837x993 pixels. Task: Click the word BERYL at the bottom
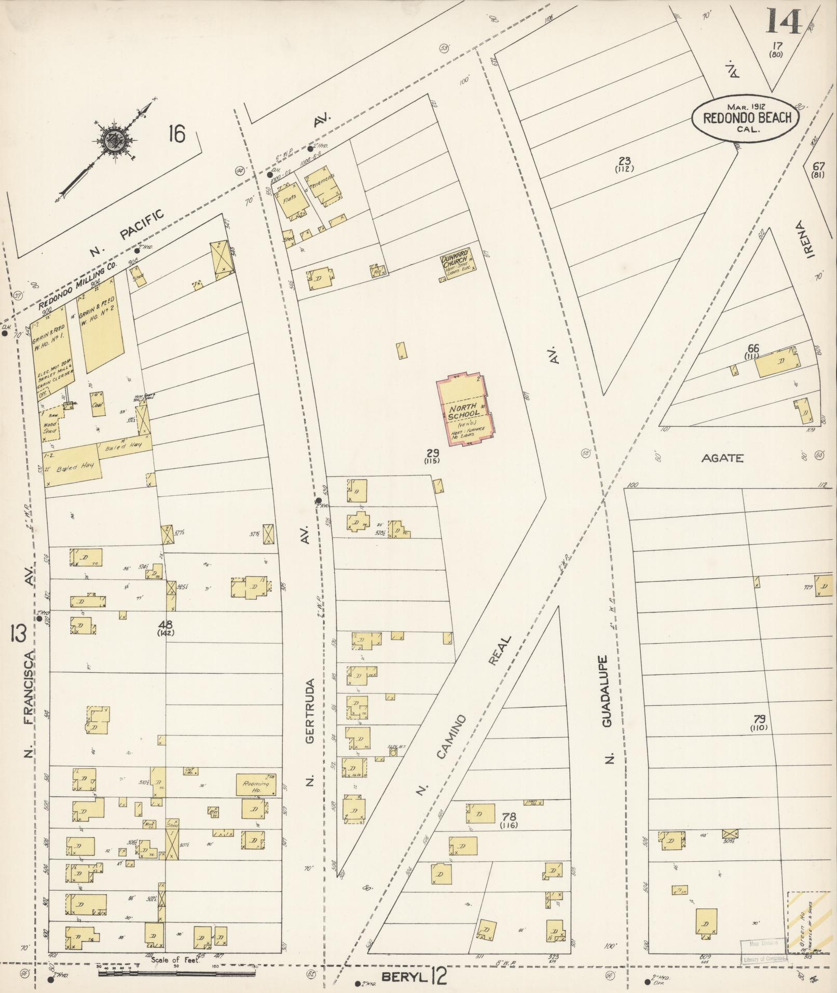pos(404,977)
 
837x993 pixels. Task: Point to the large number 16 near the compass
pos(176,134)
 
